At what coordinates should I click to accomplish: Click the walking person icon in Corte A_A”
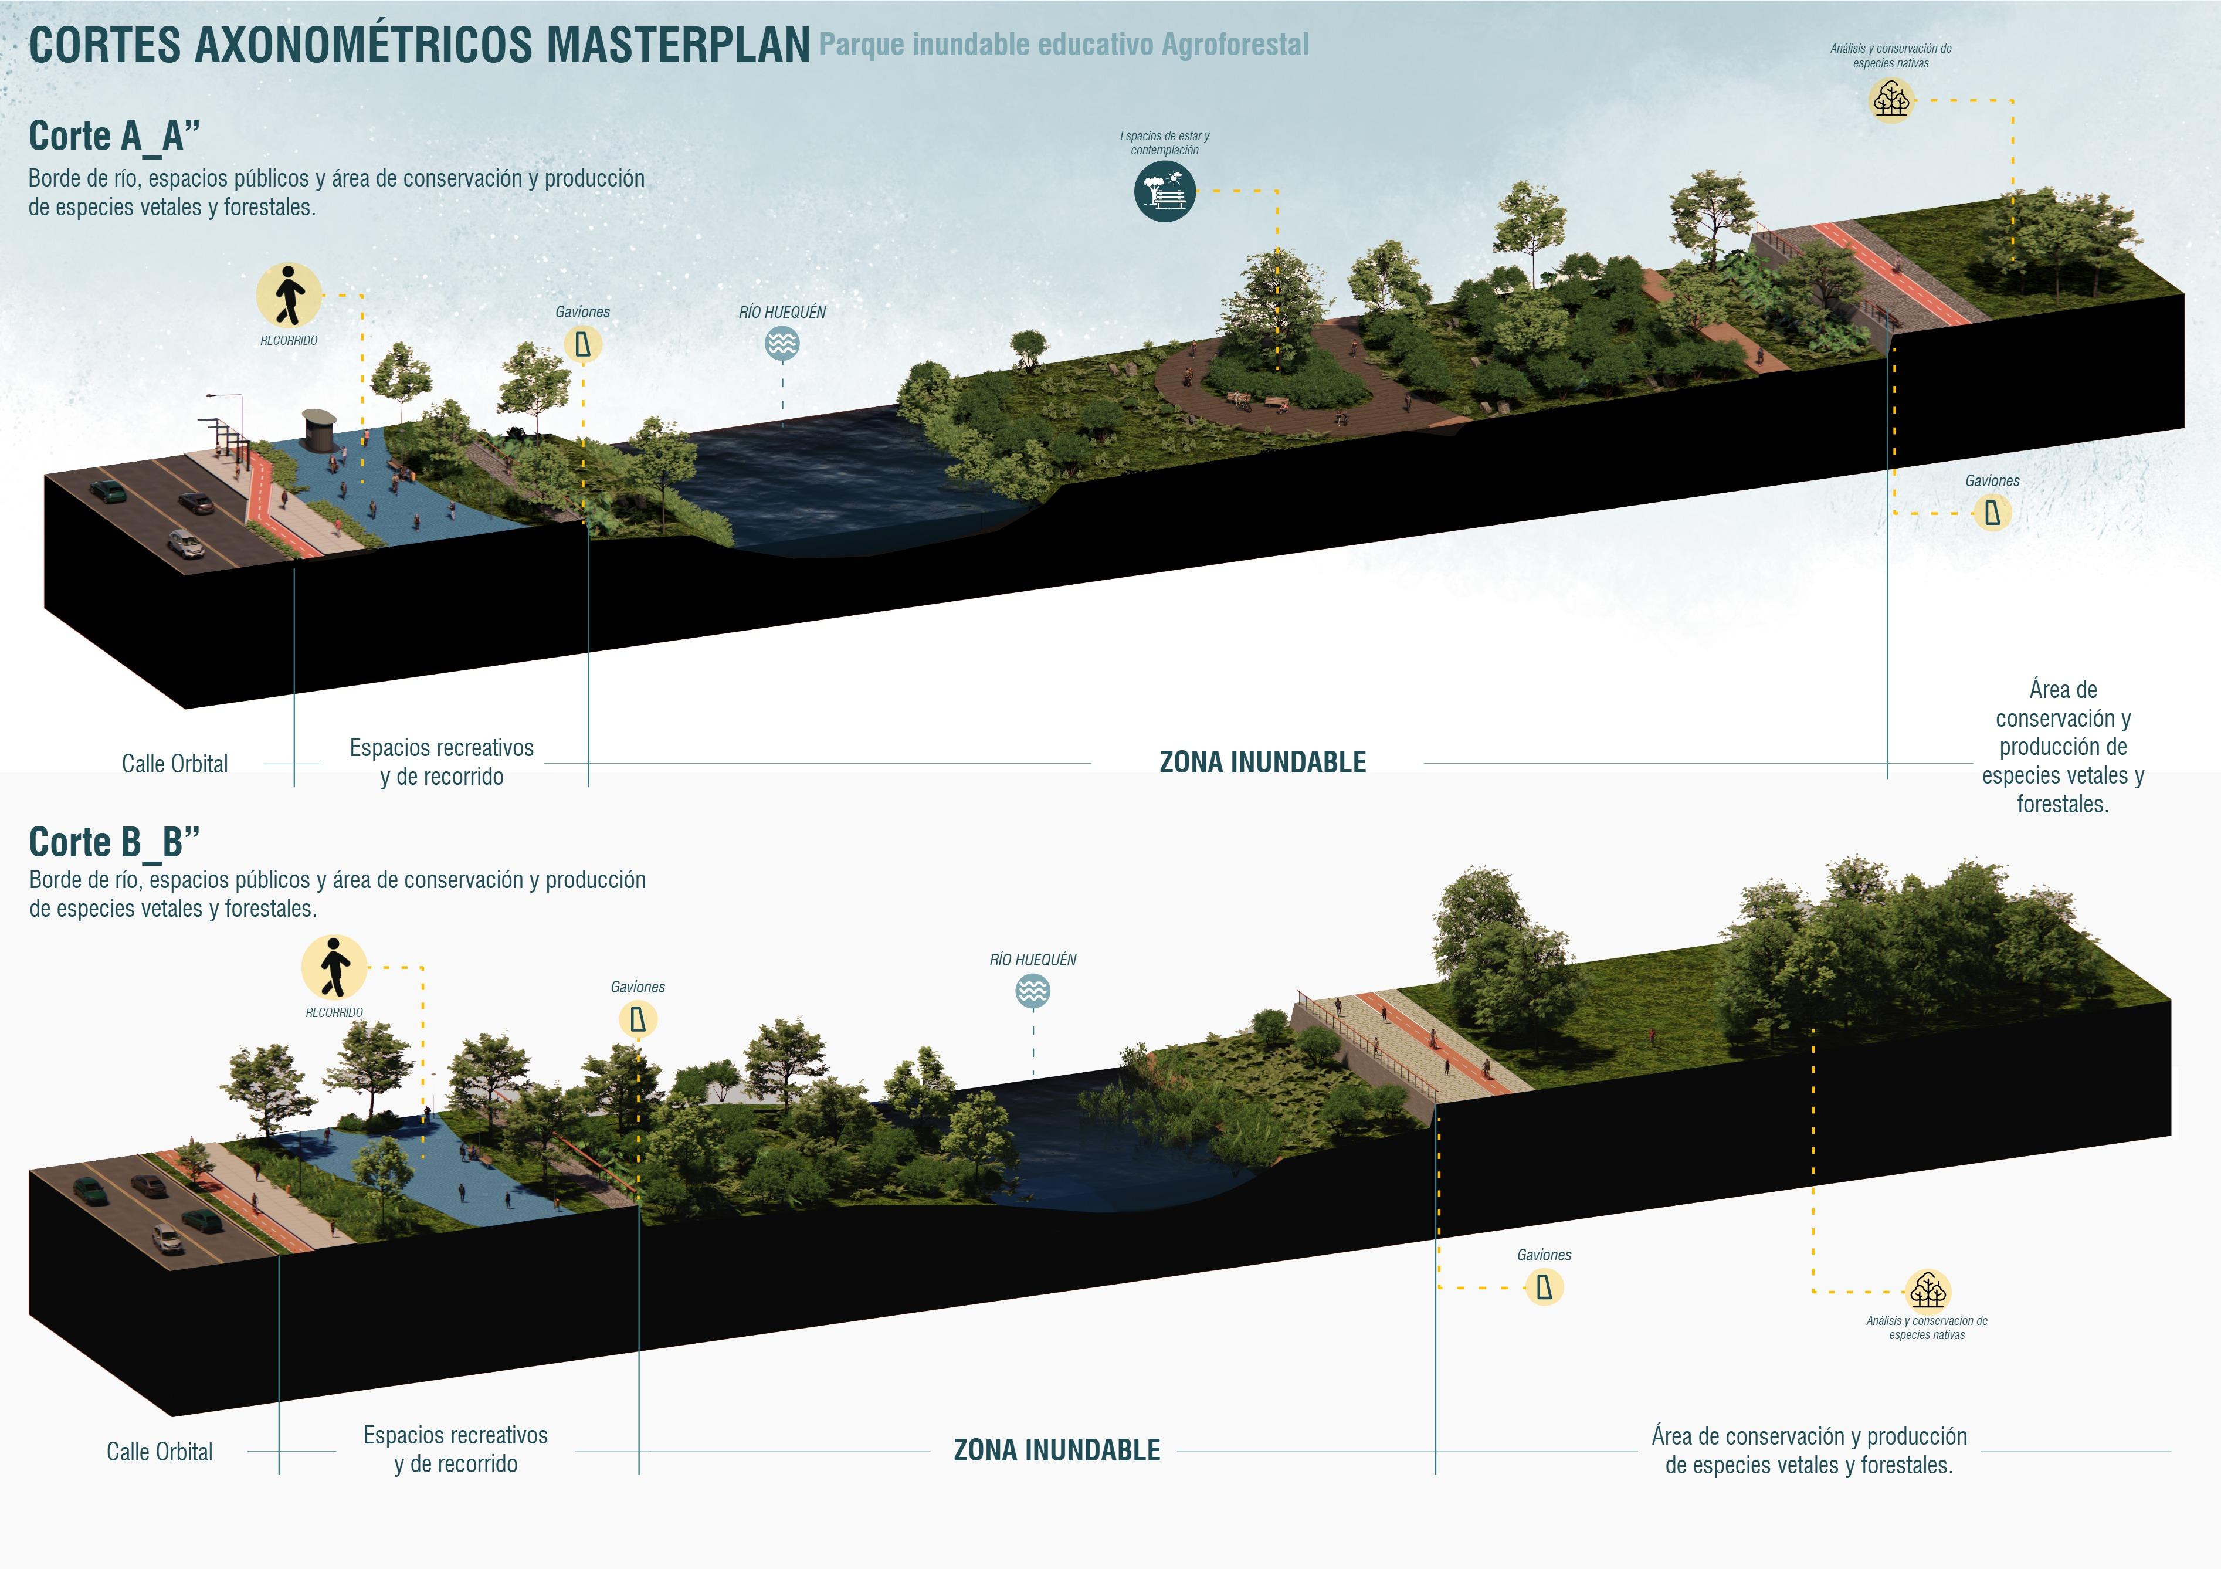289,295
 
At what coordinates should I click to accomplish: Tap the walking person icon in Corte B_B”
334,967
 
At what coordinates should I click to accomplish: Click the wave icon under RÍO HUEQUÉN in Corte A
782,343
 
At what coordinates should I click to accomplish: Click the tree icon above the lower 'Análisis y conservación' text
1927,1290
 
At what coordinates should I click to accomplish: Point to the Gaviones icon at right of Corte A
1992,513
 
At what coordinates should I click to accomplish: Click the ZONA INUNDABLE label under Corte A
1262,763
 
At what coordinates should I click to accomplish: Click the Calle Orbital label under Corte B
160,1452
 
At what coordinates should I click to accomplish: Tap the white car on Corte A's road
187,544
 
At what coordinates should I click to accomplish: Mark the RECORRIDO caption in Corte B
334,1013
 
